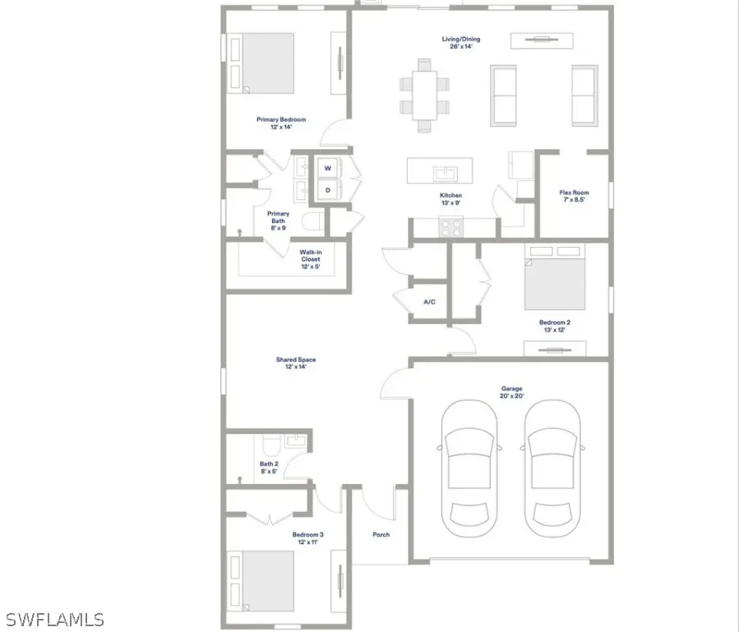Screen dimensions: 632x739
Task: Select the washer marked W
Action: pos(328,168)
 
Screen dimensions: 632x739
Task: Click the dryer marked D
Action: pos(328,190)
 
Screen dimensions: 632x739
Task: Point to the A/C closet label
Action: pos(429,302)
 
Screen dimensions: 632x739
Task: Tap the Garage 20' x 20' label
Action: pos(512,393)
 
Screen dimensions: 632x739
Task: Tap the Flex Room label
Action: pos(575,197)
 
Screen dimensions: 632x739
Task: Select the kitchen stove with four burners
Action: pos(450,226)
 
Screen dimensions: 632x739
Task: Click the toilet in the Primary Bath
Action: pos(312,221)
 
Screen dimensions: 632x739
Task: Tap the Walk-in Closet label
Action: pos(310,259)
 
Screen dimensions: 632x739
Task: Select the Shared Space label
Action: pos(295,363)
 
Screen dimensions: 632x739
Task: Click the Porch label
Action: pos(381,534)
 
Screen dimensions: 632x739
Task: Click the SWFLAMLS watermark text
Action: pos(54,618)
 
